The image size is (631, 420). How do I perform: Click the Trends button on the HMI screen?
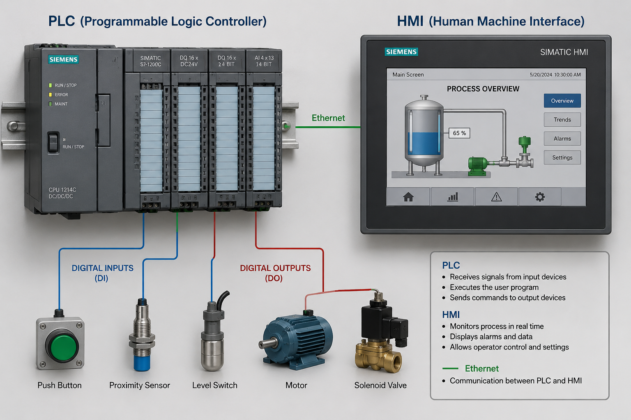coord(562,119)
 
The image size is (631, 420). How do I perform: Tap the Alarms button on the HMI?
coord(562,138)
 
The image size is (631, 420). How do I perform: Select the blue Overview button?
coord(562,101)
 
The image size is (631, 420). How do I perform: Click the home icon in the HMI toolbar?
coord(408,197)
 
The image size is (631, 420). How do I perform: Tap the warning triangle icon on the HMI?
coord(496,197)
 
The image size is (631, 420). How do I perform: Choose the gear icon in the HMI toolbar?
coord(540,197)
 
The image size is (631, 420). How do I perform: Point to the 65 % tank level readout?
coord(459,133)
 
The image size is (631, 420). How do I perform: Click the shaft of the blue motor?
coord(267,343)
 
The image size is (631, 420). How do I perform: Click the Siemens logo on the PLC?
coord(63,59)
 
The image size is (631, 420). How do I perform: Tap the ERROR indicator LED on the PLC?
coord(51,95)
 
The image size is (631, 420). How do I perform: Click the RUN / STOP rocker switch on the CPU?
coord(53,142)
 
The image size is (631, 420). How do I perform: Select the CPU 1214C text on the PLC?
coord(62,190)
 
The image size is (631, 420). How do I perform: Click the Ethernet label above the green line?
coord(328,118)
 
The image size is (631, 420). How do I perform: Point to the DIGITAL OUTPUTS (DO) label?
coord(275,273)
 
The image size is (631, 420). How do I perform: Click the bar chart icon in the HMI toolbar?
coord(453,197)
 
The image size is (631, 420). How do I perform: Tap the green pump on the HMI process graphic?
coord(478,167)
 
